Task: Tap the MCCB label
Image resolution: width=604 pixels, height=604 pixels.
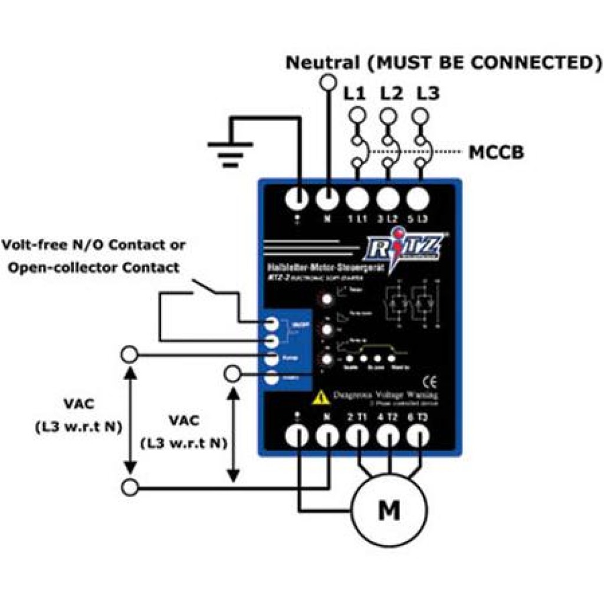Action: pyautogui.click(x=496, y=153)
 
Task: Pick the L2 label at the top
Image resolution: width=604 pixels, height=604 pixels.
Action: pyautogui.click(x=391, y=94)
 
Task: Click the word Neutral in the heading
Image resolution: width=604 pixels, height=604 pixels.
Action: pyautogui.click(x=322, y=63)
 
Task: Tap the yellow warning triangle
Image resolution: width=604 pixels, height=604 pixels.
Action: pyautogui.click(x=320, y=398)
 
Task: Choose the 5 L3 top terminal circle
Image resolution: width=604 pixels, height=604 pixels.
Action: pyautogui.click(x=418, y=199)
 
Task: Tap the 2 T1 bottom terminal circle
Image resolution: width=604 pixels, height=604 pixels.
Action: pyautogui.click(x=357, y=438)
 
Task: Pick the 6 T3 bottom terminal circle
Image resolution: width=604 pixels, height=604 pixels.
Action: pyautogui.click(x=418, y=438)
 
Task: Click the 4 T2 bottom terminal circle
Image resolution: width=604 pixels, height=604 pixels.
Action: pyautogui.click(x=388, y=438)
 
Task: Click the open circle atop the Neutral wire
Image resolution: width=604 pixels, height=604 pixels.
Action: pyautogui.click(x=327, y=82)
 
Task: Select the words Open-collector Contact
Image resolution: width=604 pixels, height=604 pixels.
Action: pyautogui.click(x=91, y=267)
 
